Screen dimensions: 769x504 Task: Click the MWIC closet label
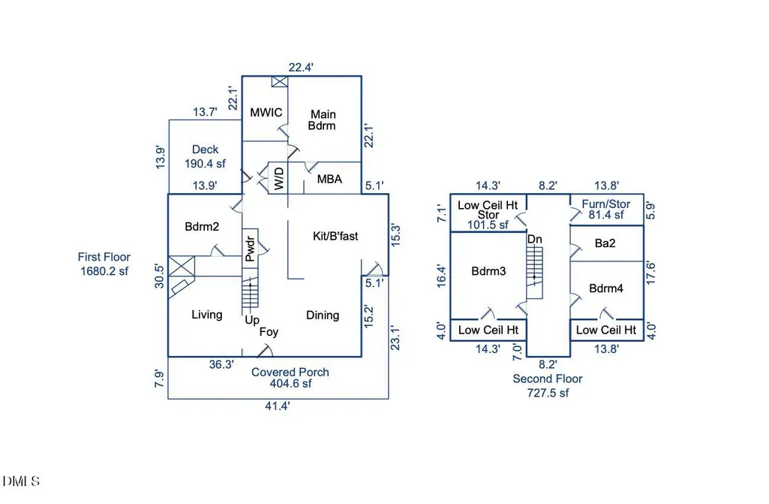[266, 113]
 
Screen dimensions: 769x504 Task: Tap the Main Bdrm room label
[322, 120]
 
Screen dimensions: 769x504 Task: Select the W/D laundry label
[278, 178]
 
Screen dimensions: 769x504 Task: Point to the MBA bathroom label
[329, 180]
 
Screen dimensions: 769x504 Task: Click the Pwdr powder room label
[250, 249]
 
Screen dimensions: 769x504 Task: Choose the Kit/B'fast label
[335, 236]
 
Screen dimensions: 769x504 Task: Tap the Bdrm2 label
[202, 226]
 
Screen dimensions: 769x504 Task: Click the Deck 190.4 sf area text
[205, 157]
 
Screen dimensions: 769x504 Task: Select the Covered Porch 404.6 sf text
[290, 378]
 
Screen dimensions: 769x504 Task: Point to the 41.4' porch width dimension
[278, 406]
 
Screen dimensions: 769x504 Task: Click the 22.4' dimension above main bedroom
[301, 68]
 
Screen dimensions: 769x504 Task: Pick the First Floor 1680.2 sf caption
[104, 264]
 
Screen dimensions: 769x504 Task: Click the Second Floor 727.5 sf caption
[548, 385]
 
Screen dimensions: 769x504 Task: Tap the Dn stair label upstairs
[535, 239]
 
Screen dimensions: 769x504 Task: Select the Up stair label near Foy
[252, 320]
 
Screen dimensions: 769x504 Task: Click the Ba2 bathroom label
[605, 243]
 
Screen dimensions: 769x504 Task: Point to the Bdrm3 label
[488, 271]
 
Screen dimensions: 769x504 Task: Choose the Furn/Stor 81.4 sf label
[606, 210]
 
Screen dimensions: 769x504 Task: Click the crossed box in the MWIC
[280, 82]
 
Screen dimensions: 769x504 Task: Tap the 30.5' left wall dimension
[159, 276]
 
